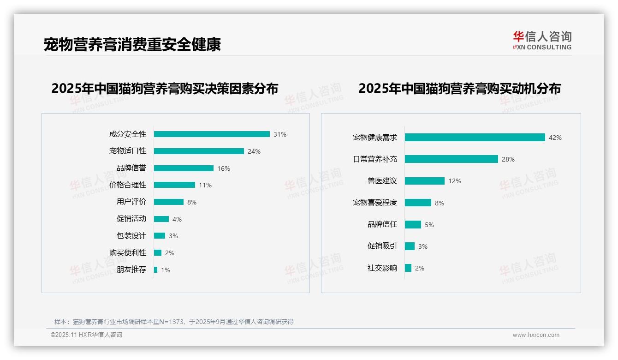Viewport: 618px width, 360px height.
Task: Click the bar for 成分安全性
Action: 212,134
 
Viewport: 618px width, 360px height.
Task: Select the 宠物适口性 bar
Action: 199,151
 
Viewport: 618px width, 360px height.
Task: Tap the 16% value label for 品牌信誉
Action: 224,168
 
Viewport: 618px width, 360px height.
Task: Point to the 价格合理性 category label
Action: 128,185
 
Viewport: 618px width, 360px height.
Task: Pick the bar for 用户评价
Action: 169,202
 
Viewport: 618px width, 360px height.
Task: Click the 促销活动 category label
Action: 131,219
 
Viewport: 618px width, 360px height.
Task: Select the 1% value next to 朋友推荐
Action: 166,270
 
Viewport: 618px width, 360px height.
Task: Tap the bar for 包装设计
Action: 160,236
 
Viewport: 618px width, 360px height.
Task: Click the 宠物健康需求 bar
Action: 475,138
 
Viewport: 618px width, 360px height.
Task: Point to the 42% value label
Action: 555,138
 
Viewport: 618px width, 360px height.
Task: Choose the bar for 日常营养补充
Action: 452,159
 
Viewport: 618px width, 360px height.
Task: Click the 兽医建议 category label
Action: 382,181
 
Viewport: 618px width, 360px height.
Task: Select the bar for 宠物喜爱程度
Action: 418,203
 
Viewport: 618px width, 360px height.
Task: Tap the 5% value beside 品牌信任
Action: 429,225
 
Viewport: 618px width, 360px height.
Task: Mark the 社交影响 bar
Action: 408,268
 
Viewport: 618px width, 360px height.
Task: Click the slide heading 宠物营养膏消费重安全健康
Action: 132,44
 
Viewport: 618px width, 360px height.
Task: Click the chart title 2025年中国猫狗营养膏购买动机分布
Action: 459,89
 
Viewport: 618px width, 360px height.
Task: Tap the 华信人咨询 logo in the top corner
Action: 542,41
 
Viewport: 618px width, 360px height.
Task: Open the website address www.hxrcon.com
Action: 536,335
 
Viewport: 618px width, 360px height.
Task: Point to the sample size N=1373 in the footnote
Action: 172,322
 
